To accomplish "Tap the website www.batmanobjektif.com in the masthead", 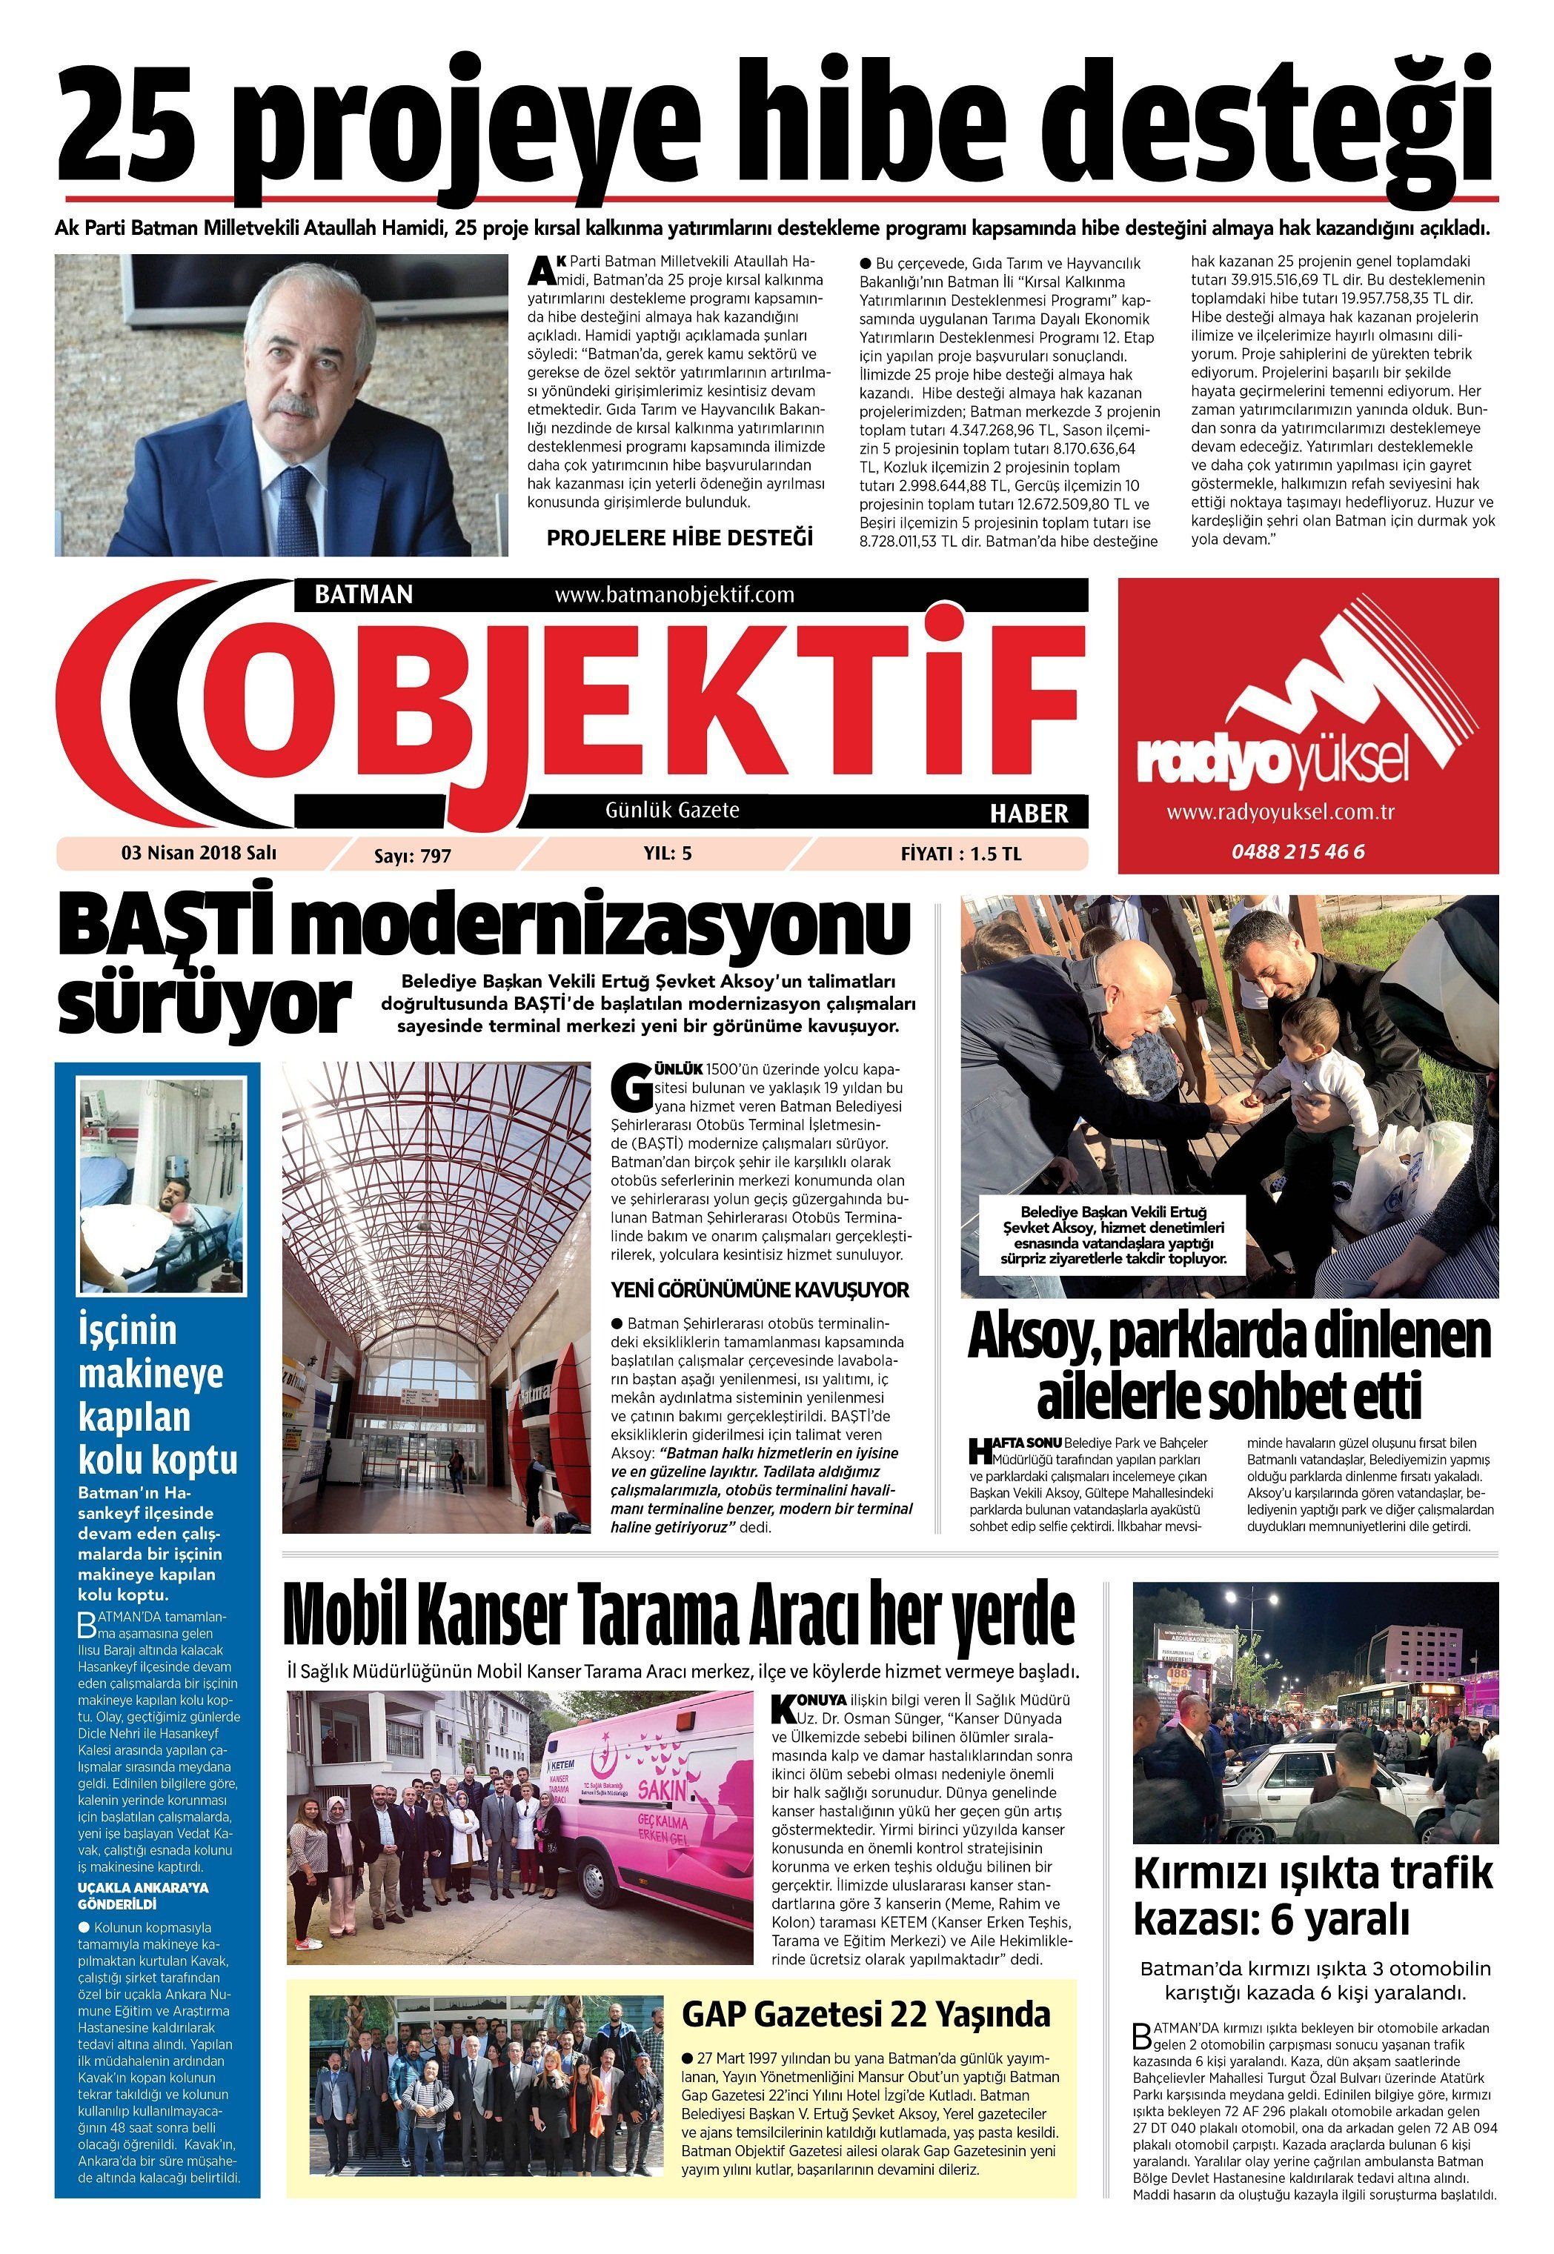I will [x=674, y=594].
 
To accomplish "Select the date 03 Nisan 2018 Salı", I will [x=199, y=853].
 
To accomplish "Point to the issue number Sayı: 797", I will [x=413, y=856].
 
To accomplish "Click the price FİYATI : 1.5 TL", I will [x=960, y=854].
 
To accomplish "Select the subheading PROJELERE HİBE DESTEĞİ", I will [x=679, y=537].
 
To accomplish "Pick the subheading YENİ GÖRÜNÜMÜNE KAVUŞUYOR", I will [x=760, y=1290].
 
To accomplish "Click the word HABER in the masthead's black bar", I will [x=1029, y=813].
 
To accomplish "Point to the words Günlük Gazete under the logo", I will [x=672, y=810].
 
